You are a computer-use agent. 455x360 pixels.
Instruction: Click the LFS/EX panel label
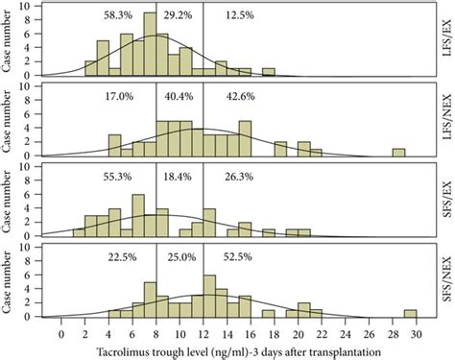[x=444, y=41]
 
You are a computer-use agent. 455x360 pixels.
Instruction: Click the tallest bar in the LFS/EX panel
[x=150, y=45]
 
